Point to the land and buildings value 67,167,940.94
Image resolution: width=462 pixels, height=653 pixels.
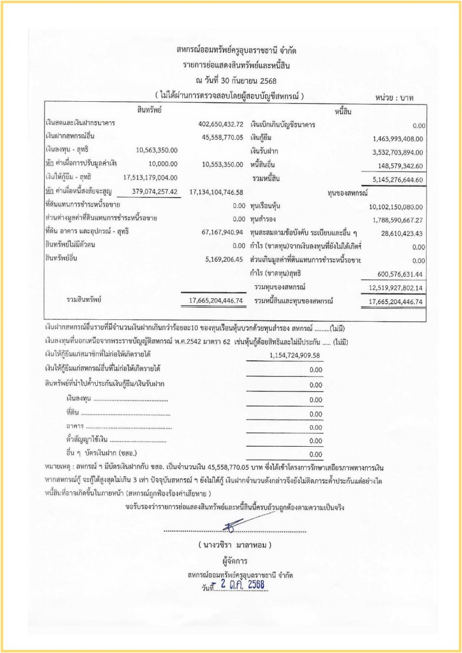[x=222, y=232]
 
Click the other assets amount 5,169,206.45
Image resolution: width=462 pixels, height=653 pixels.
[x=224, y=258]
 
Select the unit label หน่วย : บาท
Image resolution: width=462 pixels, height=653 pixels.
[x=395, y=98]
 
